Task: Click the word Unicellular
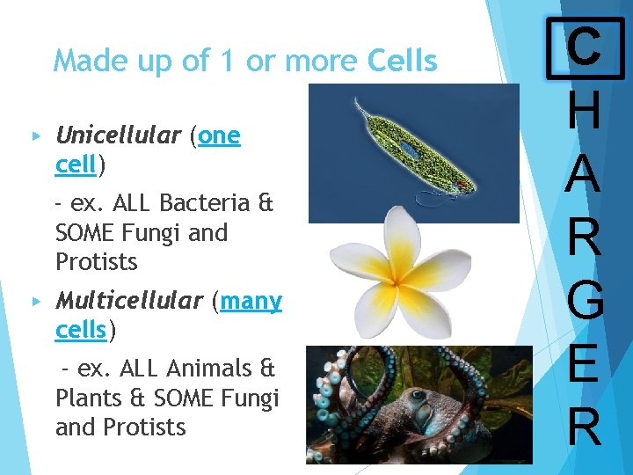(117, 135)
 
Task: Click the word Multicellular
(128, 301)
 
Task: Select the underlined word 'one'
(220, 135)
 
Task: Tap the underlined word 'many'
(251, 302)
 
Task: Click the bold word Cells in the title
(402, 62)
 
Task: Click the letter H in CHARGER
(584, 112)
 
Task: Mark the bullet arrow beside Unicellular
(36, 136)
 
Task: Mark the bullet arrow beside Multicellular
(36, 302)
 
